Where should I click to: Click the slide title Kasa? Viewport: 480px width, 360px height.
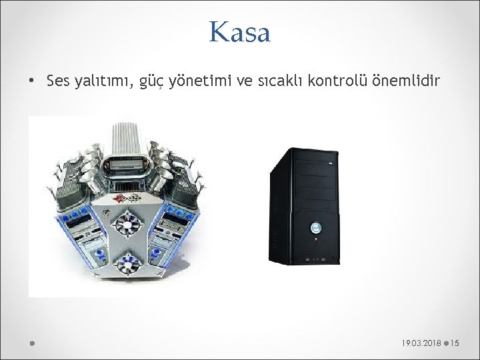click(239, 32)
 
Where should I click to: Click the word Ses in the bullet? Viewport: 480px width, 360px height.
click(59, 82)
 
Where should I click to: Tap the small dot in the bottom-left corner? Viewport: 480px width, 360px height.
click(31, 343)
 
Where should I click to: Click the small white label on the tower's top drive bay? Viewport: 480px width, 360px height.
click(329, 163)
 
